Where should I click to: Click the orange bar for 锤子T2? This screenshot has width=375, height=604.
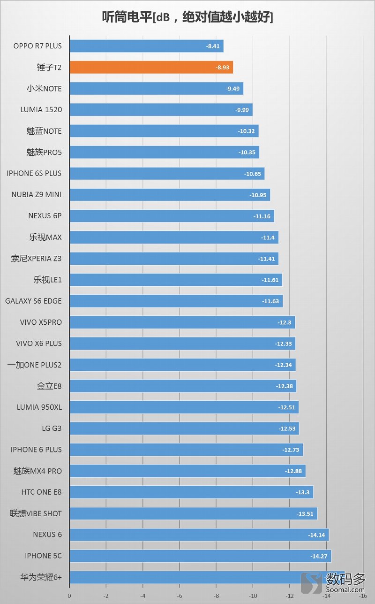pos(151,68)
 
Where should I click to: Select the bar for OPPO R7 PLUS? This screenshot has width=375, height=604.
pos(146,46)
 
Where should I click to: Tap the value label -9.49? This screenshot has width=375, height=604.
pos(232,89)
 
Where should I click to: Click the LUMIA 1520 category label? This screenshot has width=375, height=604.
pos(41,110)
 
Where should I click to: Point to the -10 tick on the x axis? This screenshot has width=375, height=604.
pos(253,596)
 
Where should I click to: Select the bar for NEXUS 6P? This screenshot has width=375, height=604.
pos(172,216)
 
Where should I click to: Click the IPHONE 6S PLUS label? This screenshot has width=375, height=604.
pos(34,173)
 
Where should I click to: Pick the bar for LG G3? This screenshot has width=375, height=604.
pos(184,428)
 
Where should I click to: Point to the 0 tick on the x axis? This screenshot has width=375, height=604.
pos(69,596)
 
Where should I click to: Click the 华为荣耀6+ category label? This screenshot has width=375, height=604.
pos(41,577)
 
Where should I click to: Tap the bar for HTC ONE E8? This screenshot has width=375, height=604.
pos(191,492)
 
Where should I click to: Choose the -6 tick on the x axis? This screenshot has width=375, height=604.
pos(180,596)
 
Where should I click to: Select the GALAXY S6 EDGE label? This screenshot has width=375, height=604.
pos(33,301)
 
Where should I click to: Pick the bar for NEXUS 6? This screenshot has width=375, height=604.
pos(199,535)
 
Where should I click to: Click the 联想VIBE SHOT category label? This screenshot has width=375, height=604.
pos(36,513)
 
